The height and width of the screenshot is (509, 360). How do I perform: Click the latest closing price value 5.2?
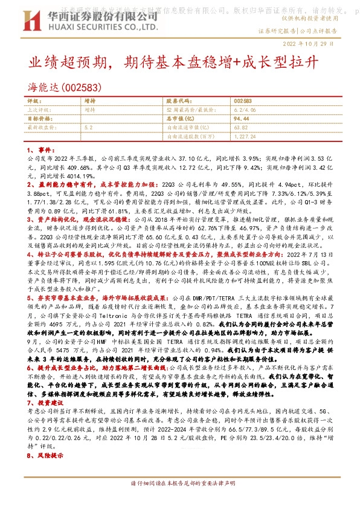pyautogui.click(x=89, y=128)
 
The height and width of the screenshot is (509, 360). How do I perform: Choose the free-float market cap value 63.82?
pyautogui.click(x=240, y=128)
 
